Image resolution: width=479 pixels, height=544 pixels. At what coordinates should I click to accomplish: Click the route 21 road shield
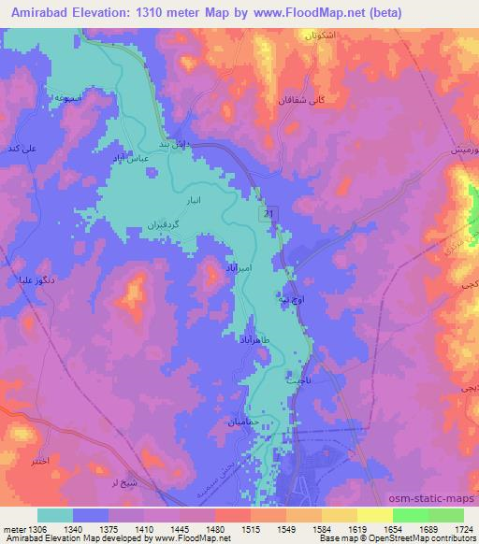(x=269, y=214)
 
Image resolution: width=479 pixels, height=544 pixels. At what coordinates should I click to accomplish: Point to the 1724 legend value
(x=462, y=528)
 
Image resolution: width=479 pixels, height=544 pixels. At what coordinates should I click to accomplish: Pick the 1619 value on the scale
(x=357, y=528)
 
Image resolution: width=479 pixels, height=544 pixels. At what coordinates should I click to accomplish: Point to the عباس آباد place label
(x=131, y=160)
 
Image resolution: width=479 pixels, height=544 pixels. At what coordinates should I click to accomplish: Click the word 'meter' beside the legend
(x=15, y=528)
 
